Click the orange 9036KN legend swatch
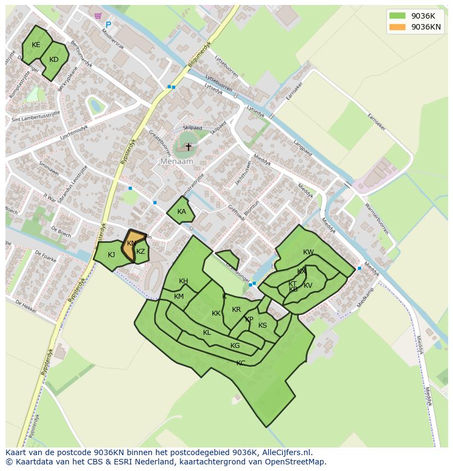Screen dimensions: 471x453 (x=397, y=27)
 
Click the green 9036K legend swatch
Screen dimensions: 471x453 (x=397, y=15)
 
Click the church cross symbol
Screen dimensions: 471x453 (x=188, y=147)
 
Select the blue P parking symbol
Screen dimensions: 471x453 (x=108, y=25)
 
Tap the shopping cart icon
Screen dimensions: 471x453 (x=98, y=16)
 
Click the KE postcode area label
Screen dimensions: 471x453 (x=36, y=45)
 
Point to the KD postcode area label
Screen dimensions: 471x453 (x=54, y=60)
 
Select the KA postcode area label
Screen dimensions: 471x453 (x=182, y=212)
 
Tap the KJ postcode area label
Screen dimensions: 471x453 (x=112, y=254)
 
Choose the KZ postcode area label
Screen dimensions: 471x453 (x=141, y=252)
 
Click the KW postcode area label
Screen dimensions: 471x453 (x=309, y=252)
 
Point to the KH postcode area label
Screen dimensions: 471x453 (x=183, y=281)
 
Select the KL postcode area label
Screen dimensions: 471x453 (x=207, y=333)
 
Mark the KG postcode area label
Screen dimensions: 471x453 (x=235, y=346)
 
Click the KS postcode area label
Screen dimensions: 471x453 (x=263, y=325)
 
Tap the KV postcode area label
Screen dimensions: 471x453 (x=308, y=286)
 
